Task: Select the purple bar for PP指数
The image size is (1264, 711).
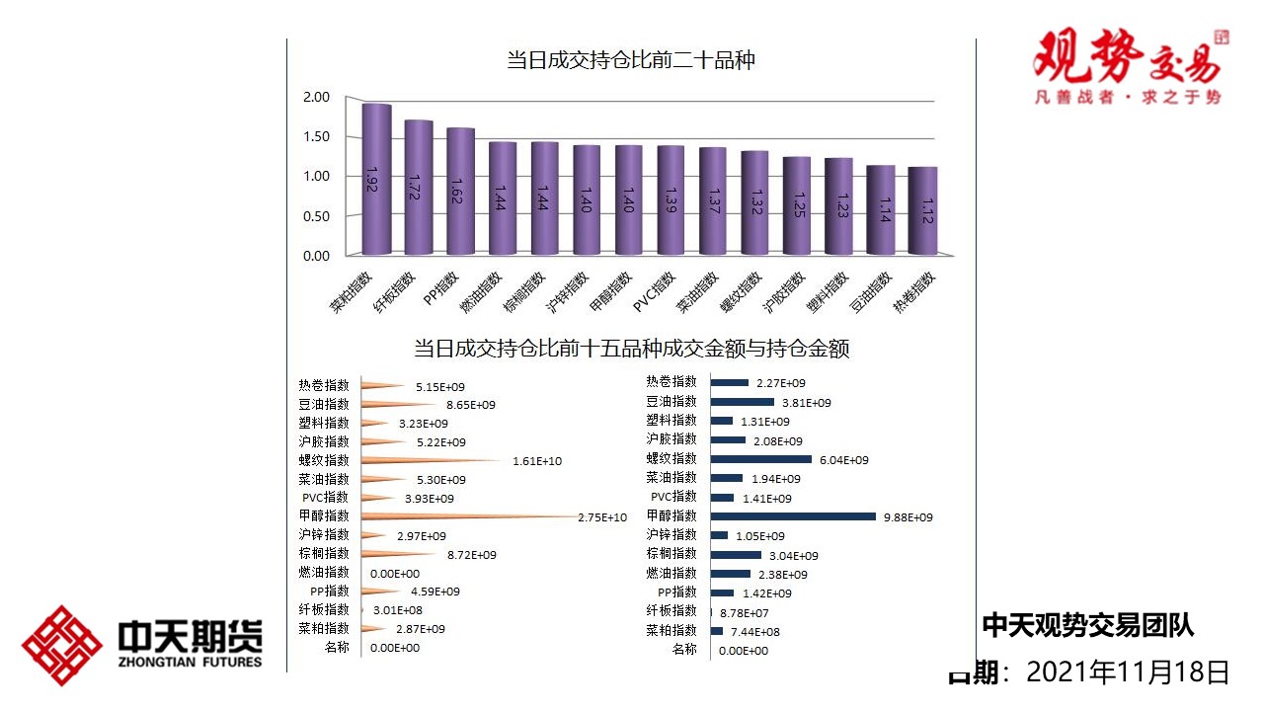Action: (460, 192)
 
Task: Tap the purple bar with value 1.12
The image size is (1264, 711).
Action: (922, 211)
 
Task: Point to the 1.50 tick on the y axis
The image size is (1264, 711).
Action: (316, 136)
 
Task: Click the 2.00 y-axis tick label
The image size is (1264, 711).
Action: (316, 97)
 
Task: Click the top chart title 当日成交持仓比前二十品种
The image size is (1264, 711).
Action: (631, 60)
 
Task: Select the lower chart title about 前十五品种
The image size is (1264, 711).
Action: (631, 349)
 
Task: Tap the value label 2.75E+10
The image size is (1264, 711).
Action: (602, 517)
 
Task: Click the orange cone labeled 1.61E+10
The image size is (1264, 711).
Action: (434, 460)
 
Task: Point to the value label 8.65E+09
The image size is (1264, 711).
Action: (470, 405)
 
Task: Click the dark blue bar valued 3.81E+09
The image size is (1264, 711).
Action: (742, 402)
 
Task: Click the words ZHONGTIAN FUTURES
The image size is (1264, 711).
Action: (190, 662)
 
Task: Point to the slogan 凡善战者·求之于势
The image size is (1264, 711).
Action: (1127, 98)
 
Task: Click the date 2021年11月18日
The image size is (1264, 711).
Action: (1128, 672)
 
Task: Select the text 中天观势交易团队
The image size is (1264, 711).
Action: (1087, 625)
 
